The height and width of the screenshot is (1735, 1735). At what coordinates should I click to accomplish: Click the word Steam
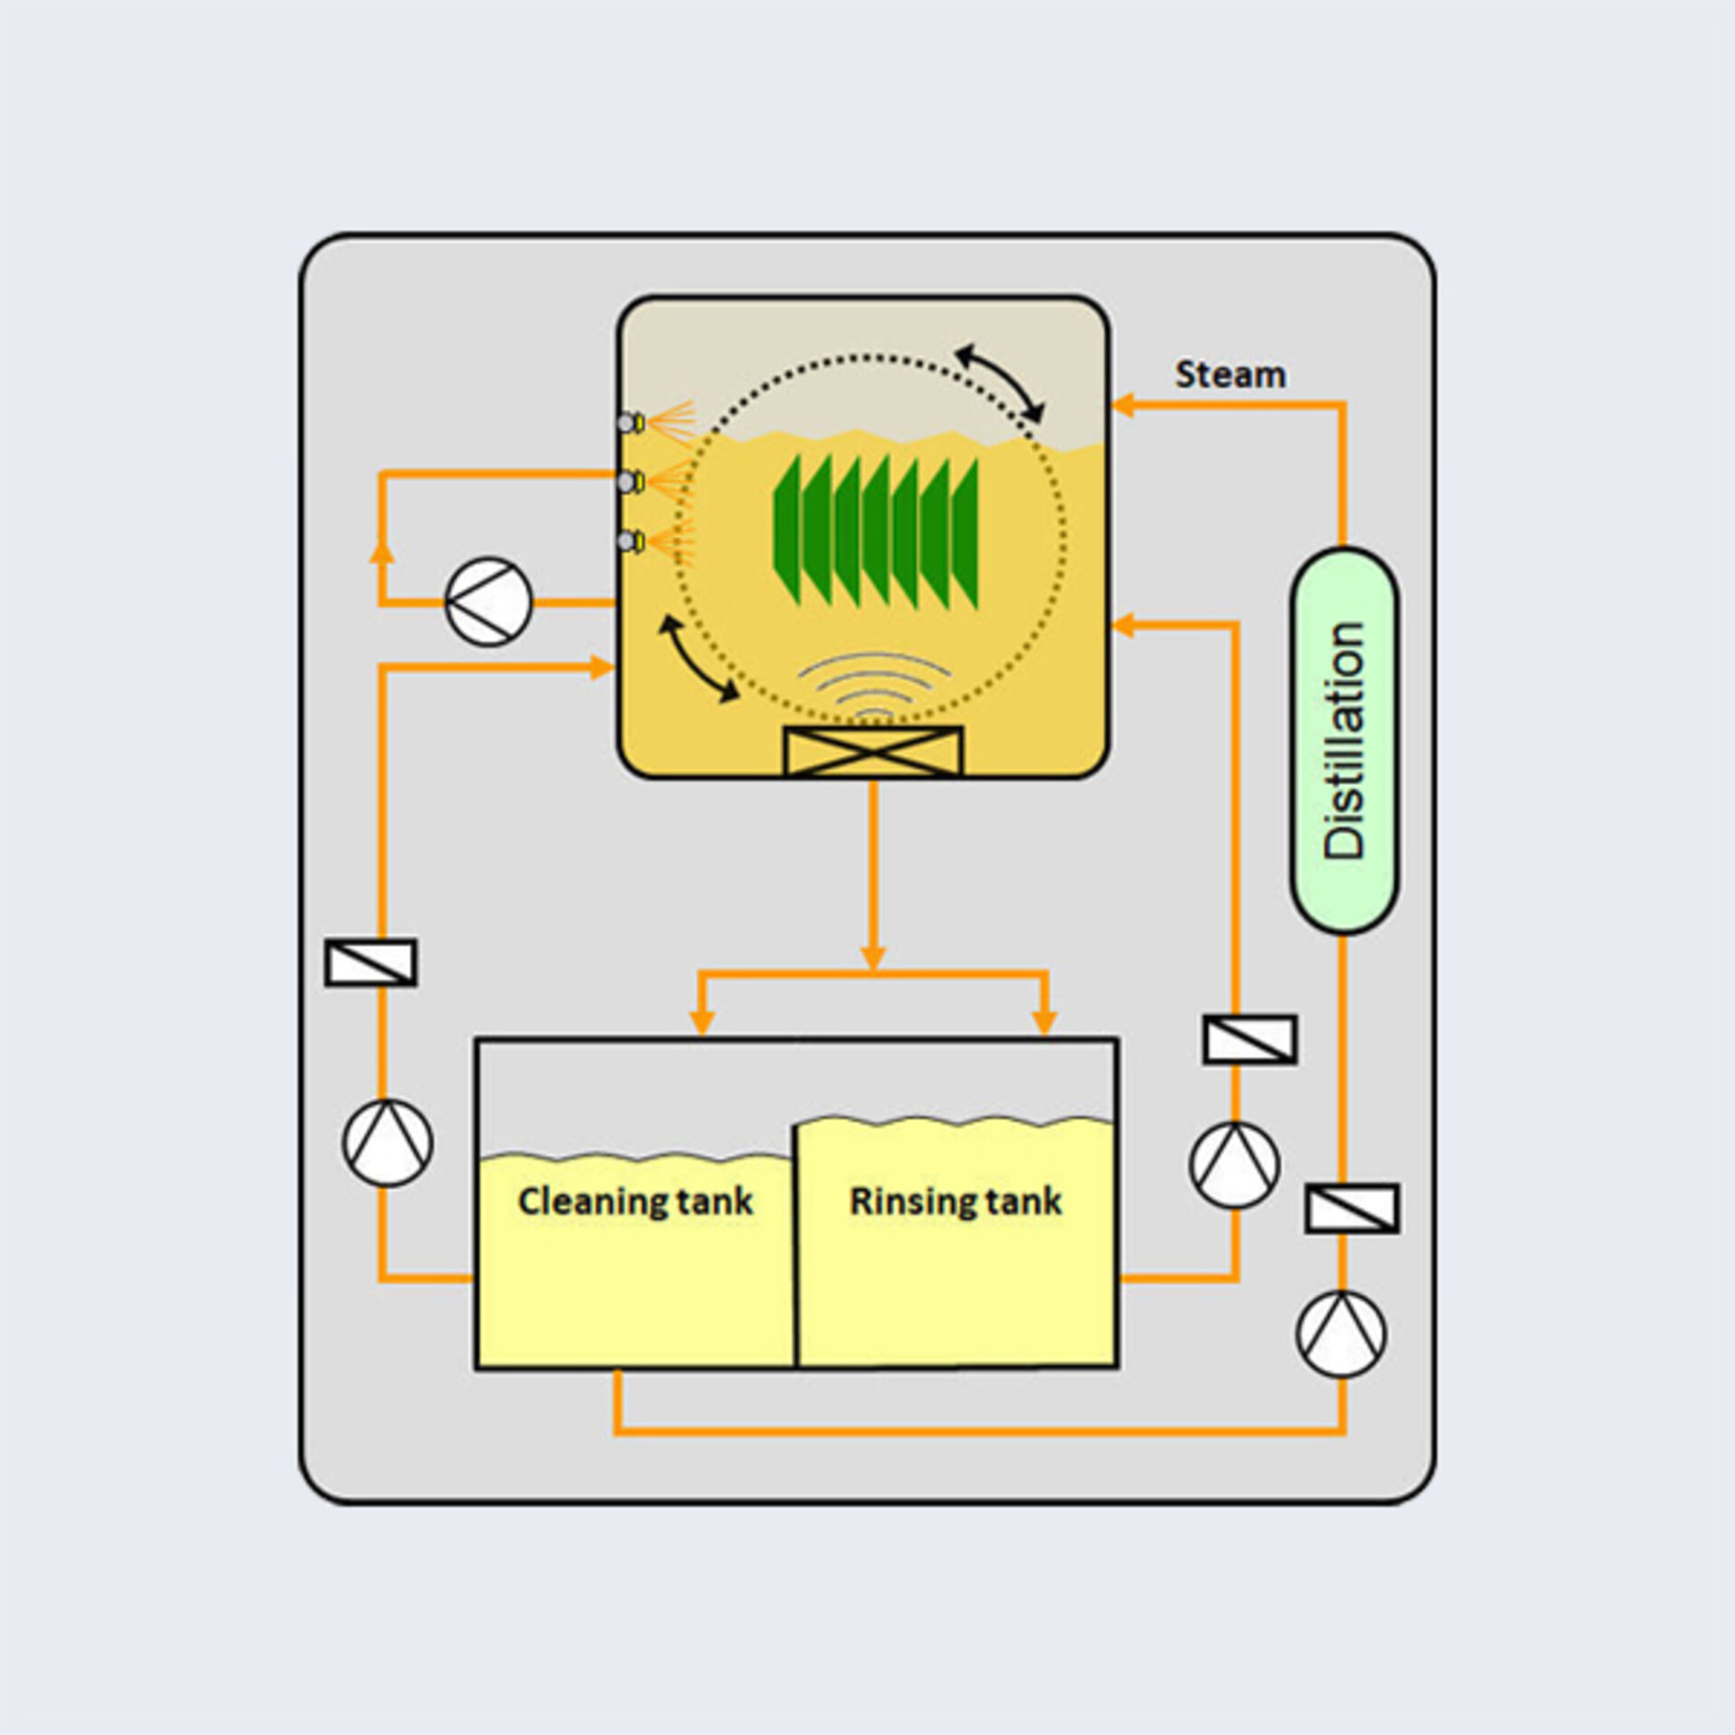tap(1230, 374)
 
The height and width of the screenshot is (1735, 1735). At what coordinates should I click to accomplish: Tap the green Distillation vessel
tap(1344, 740)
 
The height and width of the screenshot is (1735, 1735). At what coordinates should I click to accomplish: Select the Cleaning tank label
tap(634, 1201)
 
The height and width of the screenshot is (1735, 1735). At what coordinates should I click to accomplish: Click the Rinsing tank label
tap(955, 1201)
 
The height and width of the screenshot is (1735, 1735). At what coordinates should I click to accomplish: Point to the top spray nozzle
tap(630, 422)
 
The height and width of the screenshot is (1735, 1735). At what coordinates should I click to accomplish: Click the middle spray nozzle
tap(630, 482)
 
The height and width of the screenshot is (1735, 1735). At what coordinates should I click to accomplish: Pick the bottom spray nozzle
tap(630, 541)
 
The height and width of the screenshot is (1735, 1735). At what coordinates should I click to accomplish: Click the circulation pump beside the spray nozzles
tap(489, 601)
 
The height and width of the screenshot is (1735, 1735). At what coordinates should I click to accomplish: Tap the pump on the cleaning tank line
tap(388, 1142)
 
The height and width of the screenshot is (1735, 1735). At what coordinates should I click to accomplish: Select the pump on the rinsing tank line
tap(1234, 1165)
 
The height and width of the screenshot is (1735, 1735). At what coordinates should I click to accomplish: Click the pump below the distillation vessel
tap(1341, 1334)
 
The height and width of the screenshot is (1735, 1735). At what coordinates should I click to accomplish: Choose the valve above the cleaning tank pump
tap(370, 962)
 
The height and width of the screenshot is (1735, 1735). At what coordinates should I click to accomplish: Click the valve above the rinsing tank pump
tap(1250, 1039)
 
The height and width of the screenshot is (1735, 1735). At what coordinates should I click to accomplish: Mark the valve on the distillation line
tap(1352, 1208)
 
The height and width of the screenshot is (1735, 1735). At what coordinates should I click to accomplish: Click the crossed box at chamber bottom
tap(873, 751)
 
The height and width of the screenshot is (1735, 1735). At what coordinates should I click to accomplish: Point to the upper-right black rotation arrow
tap(999, 382)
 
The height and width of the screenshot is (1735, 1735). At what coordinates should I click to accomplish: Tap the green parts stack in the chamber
tap(876, 532)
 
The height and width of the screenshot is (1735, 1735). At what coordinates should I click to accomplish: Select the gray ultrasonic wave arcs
tap(874, 684)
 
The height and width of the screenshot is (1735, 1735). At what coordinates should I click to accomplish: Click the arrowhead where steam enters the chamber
tap(1122, 405)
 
